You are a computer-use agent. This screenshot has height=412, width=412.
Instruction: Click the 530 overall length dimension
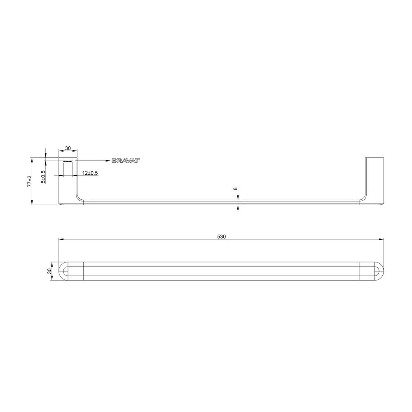click(222, 237)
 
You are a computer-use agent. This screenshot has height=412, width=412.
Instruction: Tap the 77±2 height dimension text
click(30, 181)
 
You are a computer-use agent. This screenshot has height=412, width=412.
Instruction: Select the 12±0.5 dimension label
click(90, 173)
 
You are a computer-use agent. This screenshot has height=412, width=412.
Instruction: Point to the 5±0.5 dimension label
click(43, 177)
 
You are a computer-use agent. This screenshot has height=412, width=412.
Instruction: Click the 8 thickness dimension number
click(235, 189)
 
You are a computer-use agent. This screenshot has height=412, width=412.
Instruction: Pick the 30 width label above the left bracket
click(68, 148)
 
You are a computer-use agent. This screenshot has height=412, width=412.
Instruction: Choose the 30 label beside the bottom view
click(49, 271)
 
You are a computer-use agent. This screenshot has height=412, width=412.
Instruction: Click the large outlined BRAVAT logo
click(126, 161)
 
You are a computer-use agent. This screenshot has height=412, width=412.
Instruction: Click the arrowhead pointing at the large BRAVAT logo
click(108, 161)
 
